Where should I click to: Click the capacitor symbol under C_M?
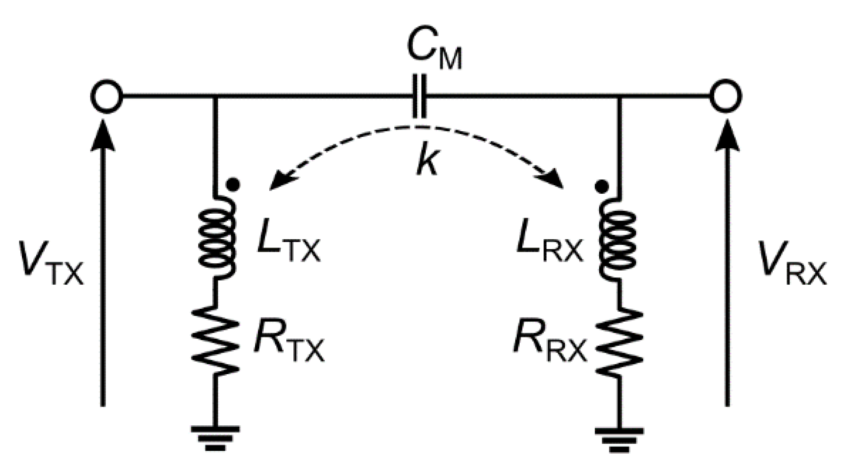coord(419,96)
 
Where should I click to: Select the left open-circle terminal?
coord(106,96)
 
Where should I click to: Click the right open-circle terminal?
coord(726,96)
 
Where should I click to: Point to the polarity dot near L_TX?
coord(233,185)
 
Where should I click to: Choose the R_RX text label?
coord(550,343)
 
